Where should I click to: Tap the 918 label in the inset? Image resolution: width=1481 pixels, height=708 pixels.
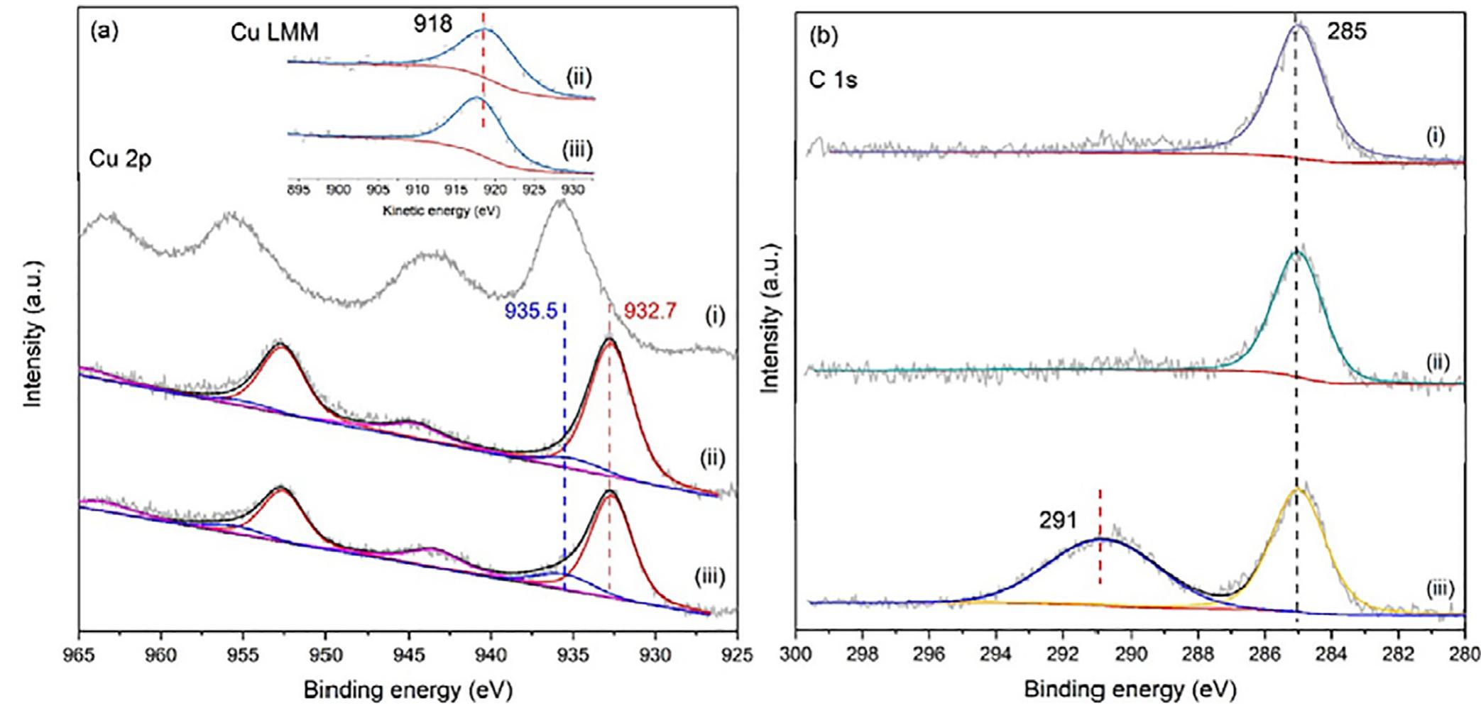433,24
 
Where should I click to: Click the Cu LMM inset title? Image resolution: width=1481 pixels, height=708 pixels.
274,33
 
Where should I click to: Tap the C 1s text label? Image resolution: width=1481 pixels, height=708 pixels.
833,80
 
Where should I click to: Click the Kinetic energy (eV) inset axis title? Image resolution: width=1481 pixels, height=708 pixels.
441,211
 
